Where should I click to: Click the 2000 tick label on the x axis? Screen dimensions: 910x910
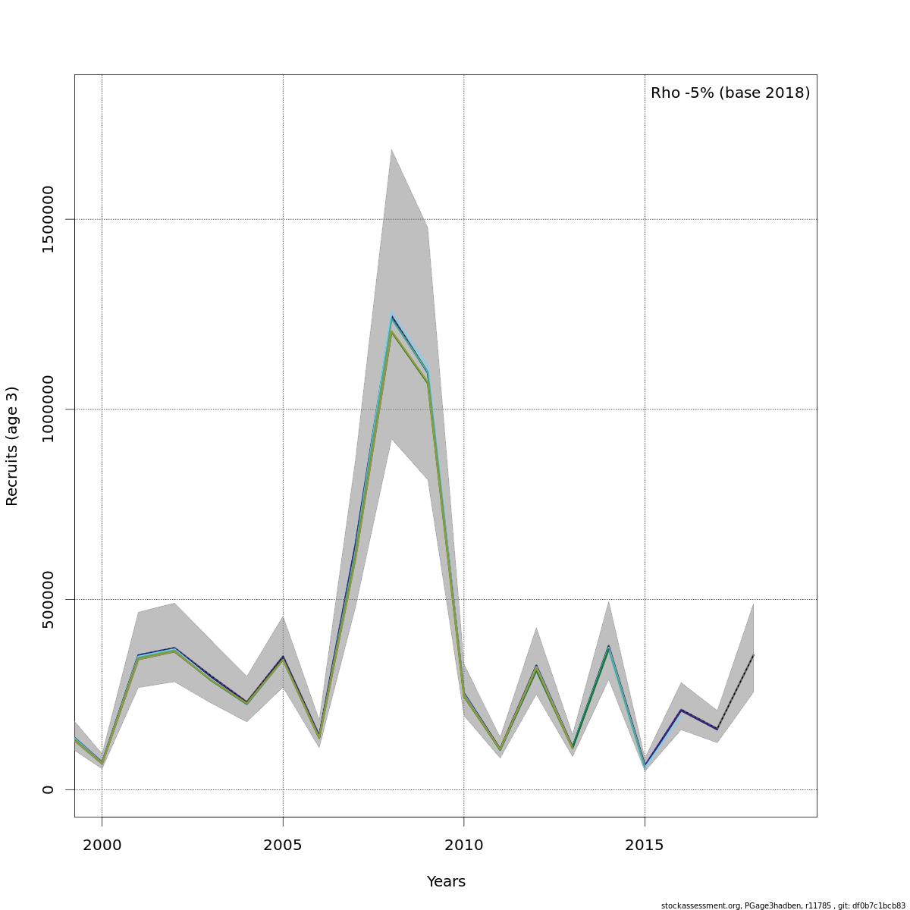coord(102,845)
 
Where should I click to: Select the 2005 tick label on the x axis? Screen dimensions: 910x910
coord(283,845)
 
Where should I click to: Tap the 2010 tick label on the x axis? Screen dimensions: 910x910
coord(463,845)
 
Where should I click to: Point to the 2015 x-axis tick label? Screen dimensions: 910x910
coord(645,845)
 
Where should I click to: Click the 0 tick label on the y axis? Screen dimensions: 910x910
coord(48,789)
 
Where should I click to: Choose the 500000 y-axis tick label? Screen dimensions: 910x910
coord(48,599)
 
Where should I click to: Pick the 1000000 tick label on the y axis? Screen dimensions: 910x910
coord(48,409)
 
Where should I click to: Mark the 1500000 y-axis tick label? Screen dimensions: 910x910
coord(48,219)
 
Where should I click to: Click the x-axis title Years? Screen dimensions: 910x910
coord(446,881)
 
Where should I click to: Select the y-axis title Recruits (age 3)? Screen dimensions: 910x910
coord(12,446)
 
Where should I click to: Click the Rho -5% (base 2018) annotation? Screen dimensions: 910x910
coord(730,93)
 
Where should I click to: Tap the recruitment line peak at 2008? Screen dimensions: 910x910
coord(391,317)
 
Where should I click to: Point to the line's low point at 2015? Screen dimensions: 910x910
coord(645,766)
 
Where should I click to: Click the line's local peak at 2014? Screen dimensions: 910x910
coord(608,647)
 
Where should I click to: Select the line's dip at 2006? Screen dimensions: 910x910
coord(319,736)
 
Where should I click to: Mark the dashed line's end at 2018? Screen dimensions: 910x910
coord(753,654)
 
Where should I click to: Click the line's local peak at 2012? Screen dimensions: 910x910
coord(536,667)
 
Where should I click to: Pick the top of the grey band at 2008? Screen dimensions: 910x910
coord(391,149)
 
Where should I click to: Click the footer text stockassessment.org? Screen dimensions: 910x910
coord(701,905)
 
